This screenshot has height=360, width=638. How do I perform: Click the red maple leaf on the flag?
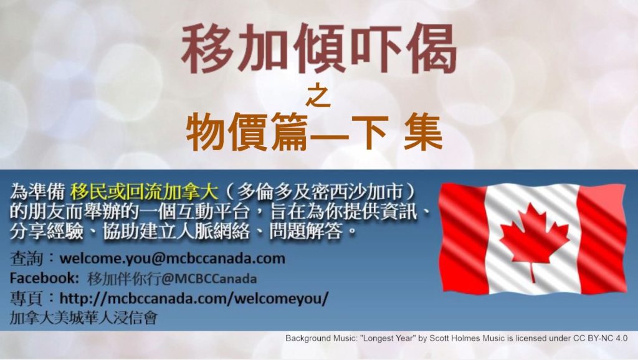[534, 240]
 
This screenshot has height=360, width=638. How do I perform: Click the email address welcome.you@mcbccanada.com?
[172, 258]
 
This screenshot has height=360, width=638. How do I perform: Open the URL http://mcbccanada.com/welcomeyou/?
[194, 298]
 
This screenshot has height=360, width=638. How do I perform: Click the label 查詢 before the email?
[26, 258]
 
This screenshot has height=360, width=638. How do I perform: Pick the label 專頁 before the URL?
[26, 298]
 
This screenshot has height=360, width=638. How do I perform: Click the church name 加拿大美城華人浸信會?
[83, 317]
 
